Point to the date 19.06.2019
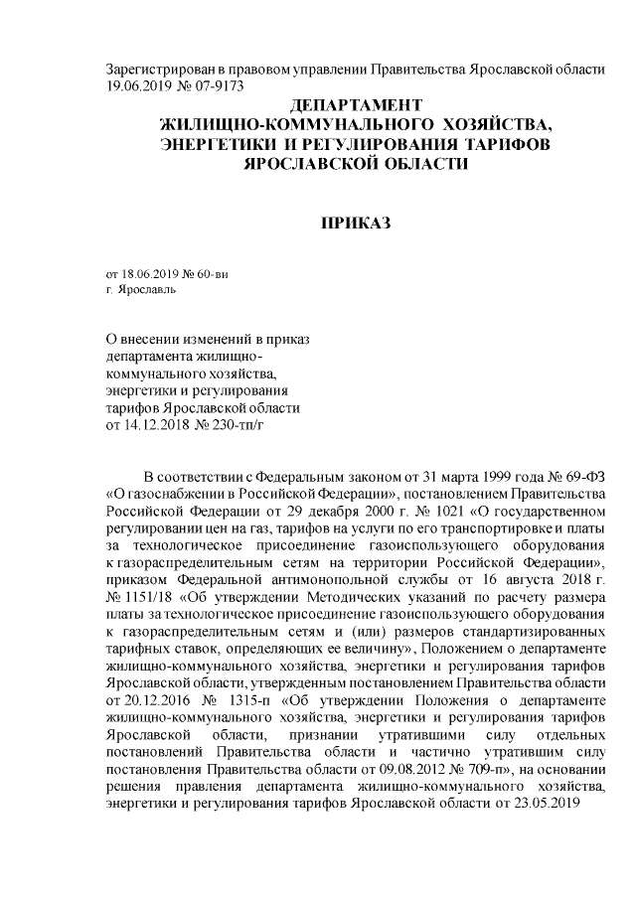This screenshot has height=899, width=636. pos(139,85)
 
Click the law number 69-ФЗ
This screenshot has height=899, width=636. pos(583,470)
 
